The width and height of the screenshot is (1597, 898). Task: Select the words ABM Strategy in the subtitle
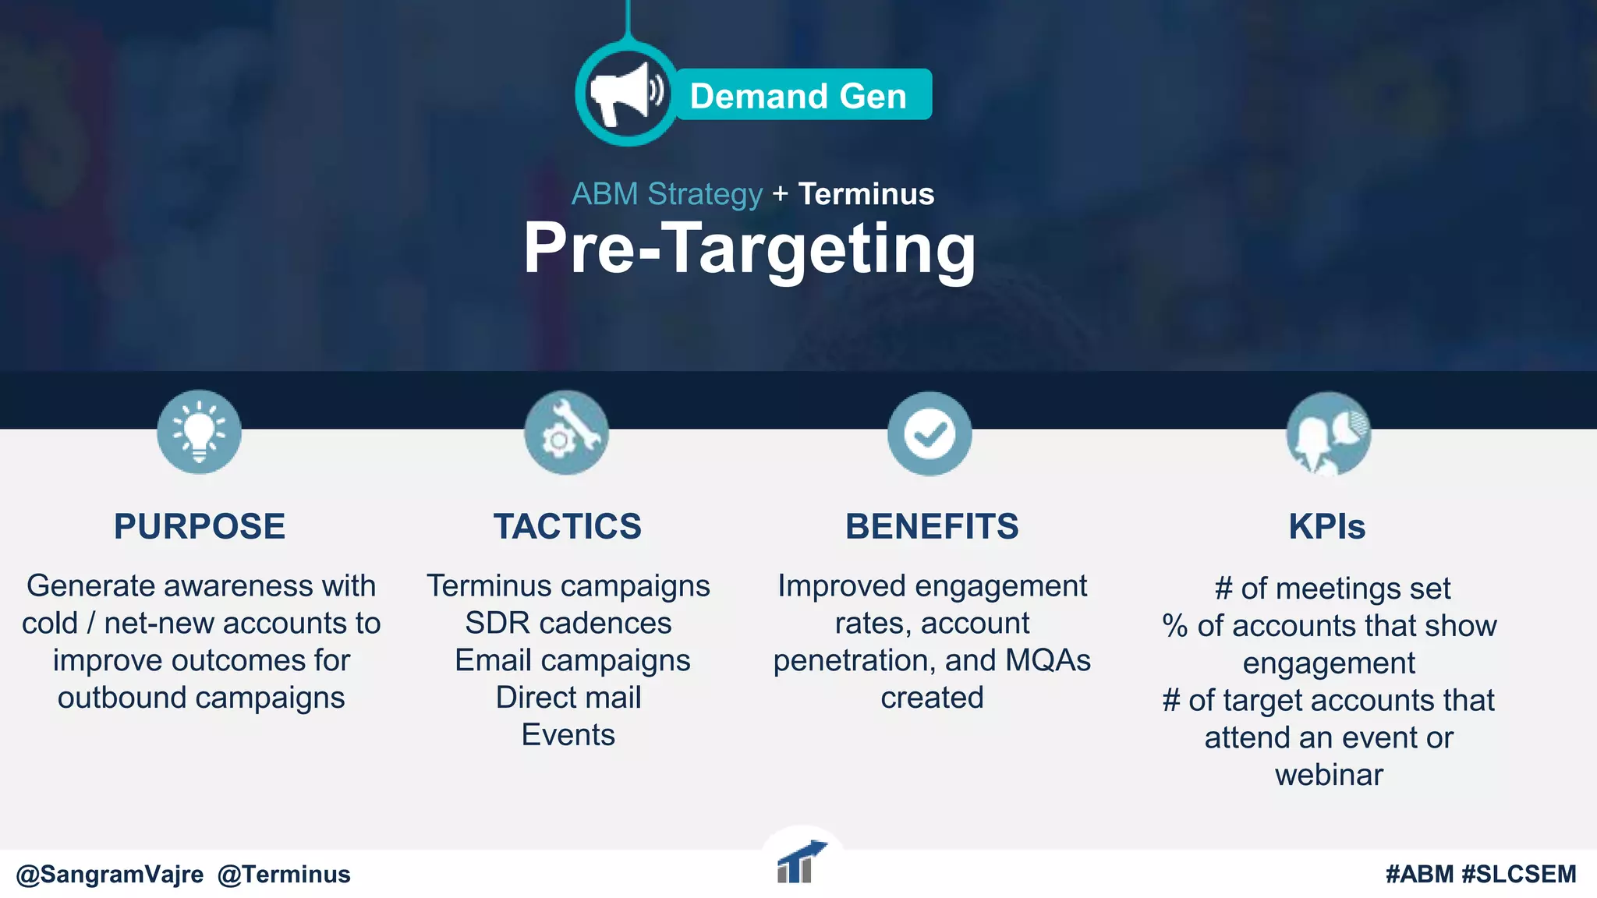[667, 194]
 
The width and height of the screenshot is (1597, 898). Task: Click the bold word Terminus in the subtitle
[866, 194]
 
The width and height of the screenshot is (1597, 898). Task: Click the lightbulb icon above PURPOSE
[199, 432]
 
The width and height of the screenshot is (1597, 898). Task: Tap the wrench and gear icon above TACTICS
[566, 433]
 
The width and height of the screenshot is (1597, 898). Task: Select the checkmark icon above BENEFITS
[930, 433]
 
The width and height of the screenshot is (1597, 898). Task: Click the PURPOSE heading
[200, 527]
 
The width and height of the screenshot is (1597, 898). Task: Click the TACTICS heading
[568, 527]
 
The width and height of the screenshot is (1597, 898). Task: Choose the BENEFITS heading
[932, 527]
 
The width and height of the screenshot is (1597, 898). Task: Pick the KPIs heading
[1327, 527]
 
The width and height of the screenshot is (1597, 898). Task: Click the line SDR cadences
[568, 623]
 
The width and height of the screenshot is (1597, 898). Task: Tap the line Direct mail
[568, 698]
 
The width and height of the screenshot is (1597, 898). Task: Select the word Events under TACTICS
[568, 735]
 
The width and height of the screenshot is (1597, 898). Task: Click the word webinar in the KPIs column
[1329, 775]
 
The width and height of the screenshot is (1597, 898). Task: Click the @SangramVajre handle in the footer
[110, 875]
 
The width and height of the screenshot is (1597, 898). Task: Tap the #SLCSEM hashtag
[1518, 875]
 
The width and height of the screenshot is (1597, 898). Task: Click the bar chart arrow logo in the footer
[801, 863]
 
